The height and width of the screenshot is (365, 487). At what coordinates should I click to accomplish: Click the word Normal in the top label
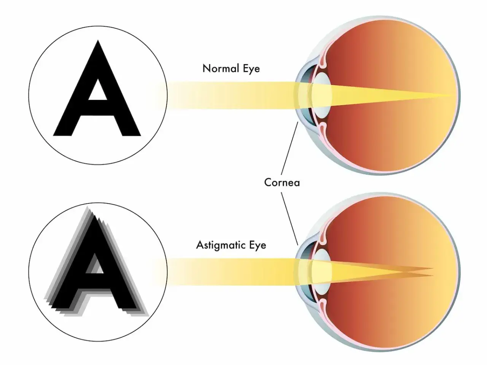coord(221,68)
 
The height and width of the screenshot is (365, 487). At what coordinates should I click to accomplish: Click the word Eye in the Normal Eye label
coord(251,69)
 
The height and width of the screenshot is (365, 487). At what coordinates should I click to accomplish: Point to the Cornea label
coord(282,182)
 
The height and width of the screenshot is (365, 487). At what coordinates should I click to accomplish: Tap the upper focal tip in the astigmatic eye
coord(433,268)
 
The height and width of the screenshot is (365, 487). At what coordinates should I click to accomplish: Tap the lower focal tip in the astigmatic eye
coord(433,276)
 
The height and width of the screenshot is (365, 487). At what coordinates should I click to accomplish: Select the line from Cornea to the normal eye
coord(290,148)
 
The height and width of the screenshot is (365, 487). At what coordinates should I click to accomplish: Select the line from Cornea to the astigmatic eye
coord(290,219)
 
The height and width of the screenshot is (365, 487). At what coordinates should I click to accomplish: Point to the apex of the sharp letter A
coord(98,41)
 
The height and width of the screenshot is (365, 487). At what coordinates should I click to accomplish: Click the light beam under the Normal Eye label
coord(231,95)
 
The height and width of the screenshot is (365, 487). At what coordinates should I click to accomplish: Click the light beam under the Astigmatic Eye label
coord(231,271)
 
